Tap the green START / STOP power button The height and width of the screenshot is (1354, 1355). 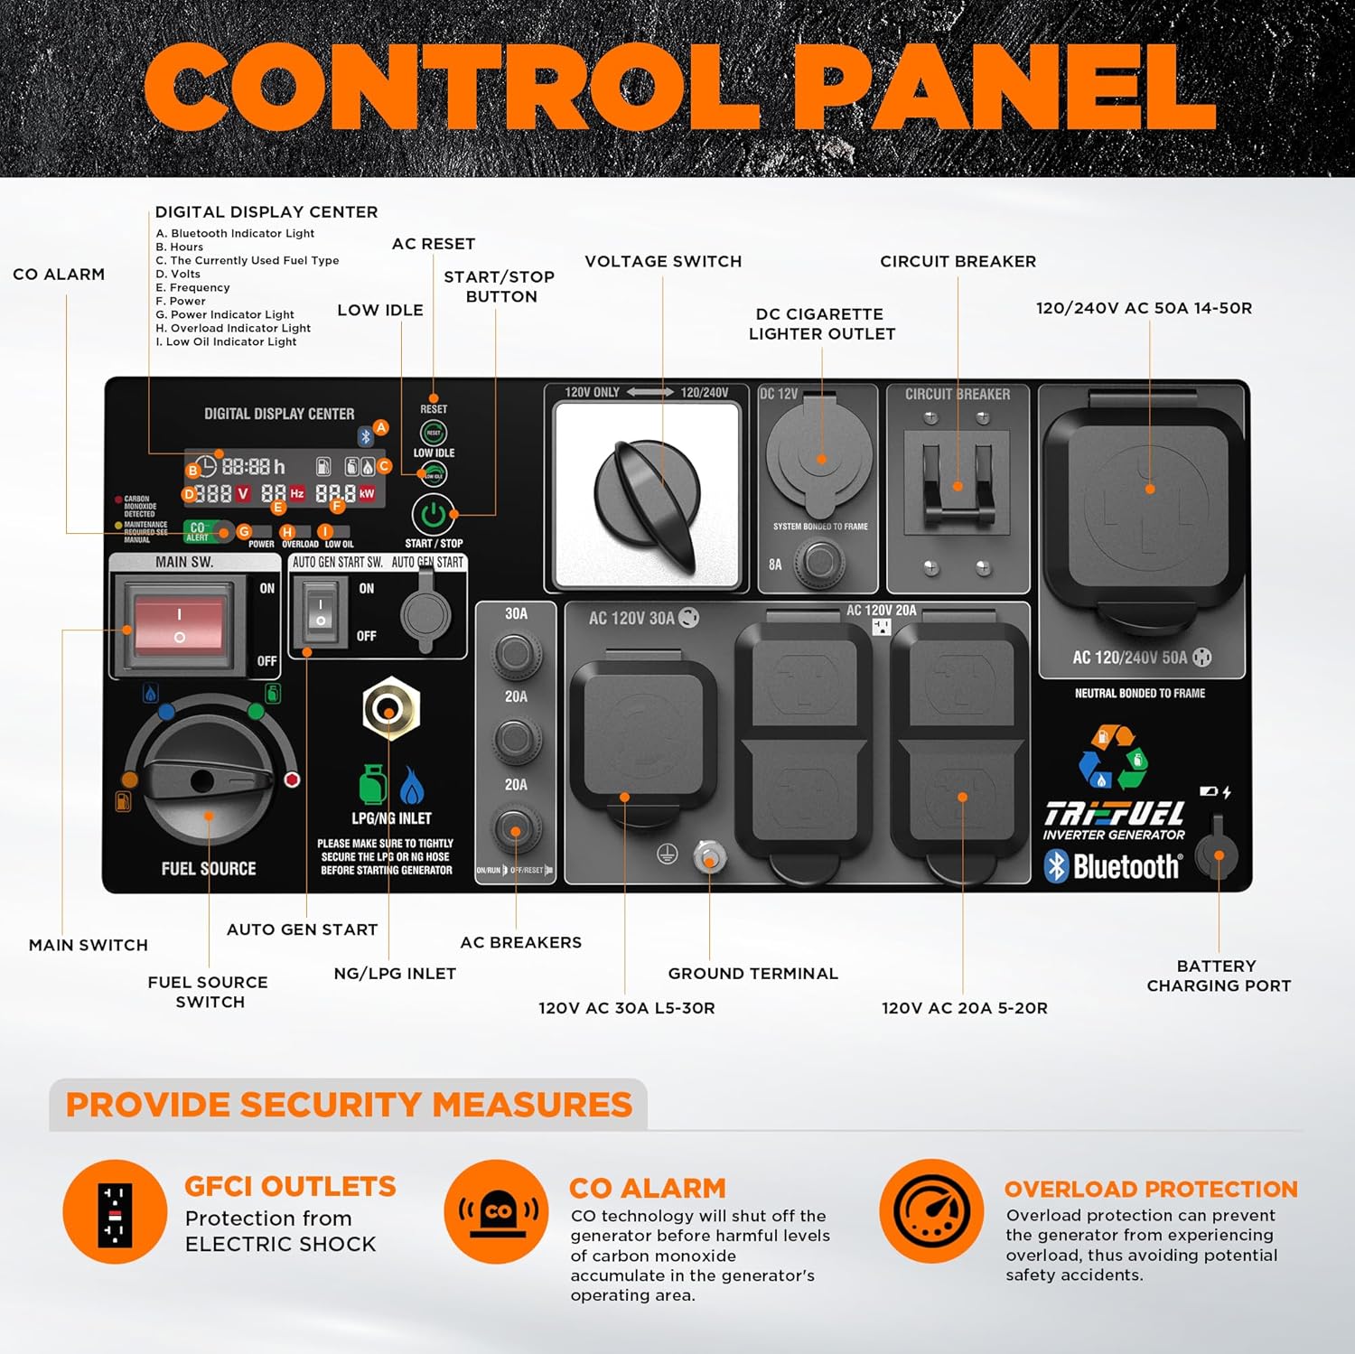pos(434,515)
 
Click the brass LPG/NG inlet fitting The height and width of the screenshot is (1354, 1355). pos(390,708)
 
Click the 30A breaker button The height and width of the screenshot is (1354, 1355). pos(516,652)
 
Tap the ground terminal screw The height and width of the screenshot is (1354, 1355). pos(709,855)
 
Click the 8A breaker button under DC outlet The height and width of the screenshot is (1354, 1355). pos(818,562)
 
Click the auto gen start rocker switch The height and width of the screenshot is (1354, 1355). pos(321,612)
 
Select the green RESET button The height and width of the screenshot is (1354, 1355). pos(434,434)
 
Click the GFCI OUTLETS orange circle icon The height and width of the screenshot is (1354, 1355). pos(115,1211)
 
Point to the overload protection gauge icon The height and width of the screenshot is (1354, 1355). pos(931,1211)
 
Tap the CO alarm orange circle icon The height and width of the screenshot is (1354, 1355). pos(496,1211)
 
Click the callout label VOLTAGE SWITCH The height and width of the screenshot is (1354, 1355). pos(663,262)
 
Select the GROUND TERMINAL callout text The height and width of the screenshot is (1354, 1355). pos(752,974)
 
